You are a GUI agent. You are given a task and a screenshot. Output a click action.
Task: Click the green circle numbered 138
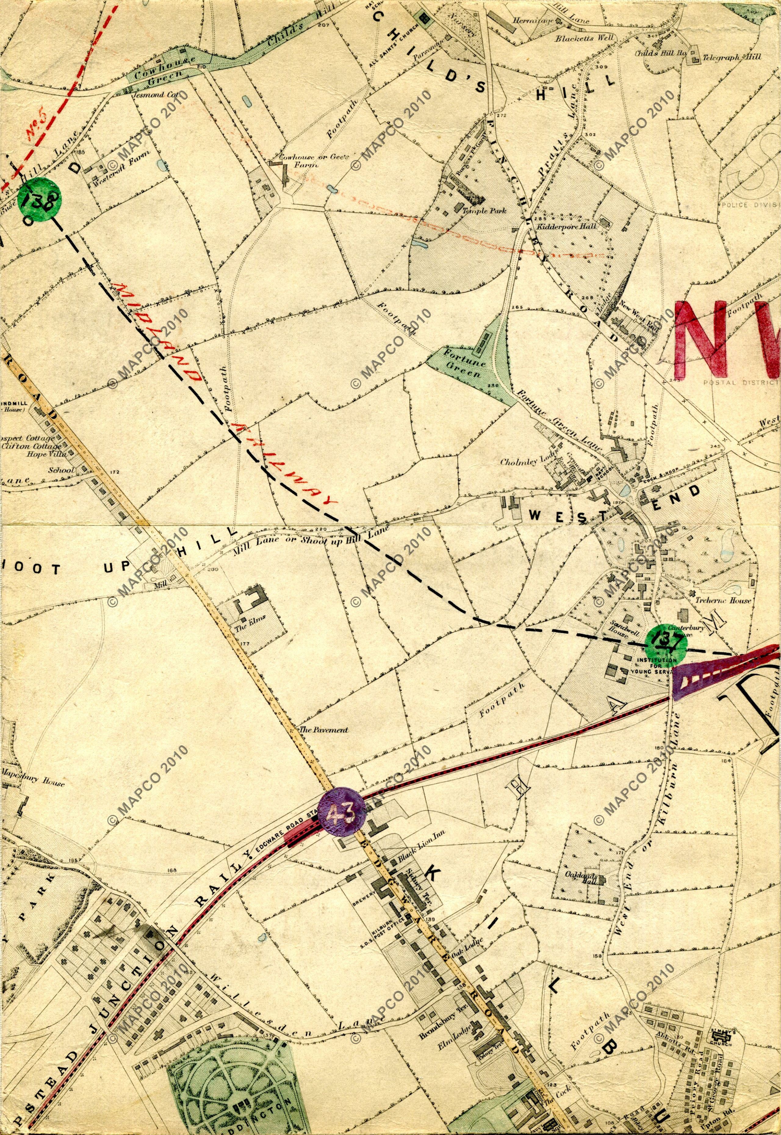[39, 198]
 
